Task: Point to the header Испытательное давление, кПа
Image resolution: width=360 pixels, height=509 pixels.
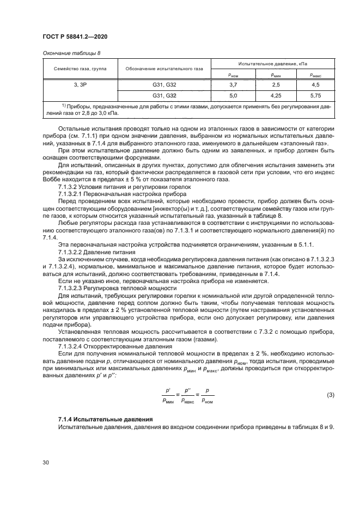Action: (x=272, y=64)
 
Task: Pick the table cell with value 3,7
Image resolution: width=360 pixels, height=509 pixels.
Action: (x=231, y=84)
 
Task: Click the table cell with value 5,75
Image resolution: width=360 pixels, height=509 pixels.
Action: (x=315, y=95)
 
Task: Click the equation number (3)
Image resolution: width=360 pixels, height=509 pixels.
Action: (x=330, y=395)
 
